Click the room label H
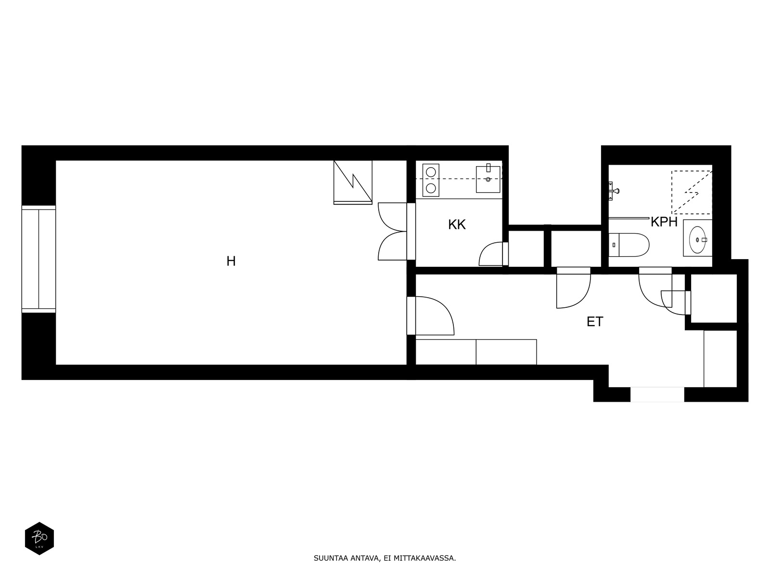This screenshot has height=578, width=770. [x=231, y=262]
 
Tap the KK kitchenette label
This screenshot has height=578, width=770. [x=457, y=225]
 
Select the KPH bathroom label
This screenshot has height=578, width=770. [x=664, y=223]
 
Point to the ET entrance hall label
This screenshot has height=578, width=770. [x=594, y=322]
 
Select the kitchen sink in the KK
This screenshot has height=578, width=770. [x=488, y=179]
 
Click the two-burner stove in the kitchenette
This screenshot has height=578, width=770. [x=431, y=180]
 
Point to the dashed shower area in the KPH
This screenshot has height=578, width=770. [x=692, y=192]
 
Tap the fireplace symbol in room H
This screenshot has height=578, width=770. [x=353, y=182]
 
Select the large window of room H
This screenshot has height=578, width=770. [x=38, y=259]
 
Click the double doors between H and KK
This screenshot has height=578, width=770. [x=394, y=232]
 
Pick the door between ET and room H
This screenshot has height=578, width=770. [x=433, y=316]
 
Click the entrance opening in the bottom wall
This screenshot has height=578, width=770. [x=657, y=394]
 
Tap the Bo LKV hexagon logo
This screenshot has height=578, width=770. [x=39, y=538]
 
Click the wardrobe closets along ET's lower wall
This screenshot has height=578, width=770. [x=475, y=352]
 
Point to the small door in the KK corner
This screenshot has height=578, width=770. [x=492, y=254]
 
